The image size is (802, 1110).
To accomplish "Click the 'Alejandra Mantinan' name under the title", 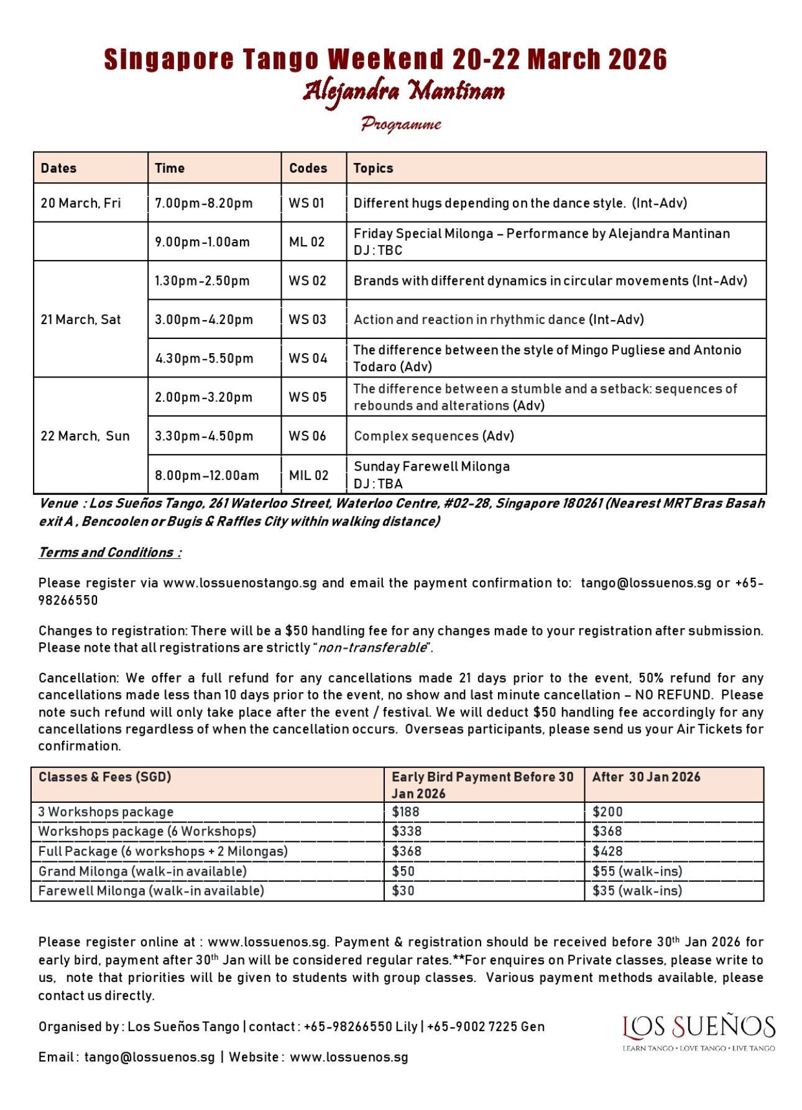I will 403,92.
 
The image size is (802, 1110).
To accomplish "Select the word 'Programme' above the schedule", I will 401,124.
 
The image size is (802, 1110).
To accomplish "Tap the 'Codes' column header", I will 308,168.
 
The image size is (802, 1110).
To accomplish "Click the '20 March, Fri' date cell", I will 81,203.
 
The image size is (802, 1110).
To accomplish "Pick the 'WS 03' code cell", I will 307,320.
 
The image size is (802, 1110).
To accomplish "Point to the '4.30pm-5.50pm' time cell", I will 204,358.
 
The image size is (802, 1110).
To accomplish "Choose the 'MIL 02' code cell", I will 308,475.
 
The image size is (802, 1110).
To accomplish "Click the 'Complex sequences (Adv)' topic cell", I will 433,436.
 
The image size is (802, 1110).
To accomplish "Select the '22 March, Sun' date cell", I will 85,436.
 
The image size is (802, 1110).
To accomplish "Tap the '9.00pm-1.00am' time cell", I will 202,242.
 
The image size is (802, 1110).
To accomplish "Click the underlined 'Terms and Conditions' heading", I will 109,552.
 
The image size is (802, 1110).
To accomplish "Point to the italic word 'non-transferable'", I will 371,648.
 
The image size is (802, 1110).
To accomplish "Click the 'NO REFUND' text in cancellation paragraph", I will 673,695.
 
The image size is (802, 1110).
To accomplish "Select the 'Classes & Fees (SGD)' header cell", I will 104,777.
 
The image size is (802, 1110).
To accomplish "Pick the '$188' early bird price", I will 405,812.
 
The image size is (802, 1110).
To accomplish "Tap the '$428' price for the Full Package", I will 607,851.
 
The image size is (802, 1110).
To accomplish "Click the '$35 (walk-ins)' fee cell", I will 637,890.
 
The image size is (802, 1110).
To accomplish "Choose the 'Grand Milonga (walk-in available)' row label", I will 142,871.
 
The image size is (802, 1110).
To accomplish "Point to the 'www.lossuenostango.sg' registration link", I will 239,583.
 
